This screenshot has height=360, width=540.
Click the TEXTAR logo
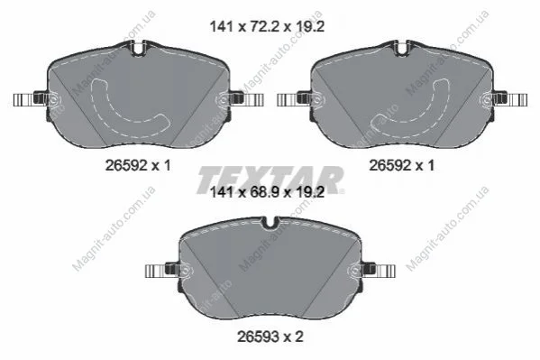(x=270, y=180)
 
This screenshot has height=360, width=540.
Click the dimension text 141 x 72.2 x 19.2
(x=267, y=26)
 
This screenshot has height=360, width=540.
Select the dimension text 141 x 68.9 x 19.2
(x=267, y=192)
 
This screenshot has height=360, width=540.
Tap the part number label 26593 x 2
(x=270, y=337)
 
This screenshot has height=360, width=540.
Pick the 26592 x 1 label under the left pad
(x=138, y=166)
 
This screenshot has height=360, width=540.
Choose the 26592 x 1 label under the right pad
(x=402, y=166)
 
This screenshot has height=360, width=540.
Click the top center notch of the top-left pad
(x=138, y=48)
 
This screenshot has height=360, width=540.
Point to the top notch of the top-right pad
(x=402, y=48)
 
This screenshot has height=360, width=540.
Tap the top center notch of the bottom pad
(x=270, y=223)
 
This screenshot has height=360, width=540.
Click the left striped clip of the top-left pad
(x=24, y=100)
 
